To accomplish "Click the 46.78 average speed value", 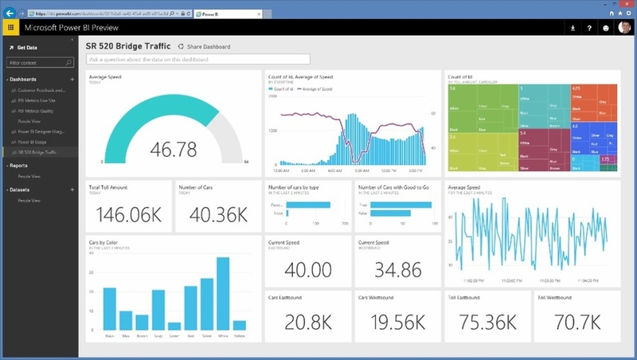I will (x=175, y=147).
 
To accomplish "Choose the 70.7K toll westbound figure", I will (x=573, y=323).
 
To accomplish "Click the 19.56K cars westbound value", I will (x=396, y=323).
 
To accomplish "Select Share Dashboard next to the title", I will (x=205, y=47).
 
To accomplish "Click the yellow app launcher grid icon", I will (x=11, y=28).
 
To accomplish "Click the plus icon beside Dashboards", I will (x=72, y=80).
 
